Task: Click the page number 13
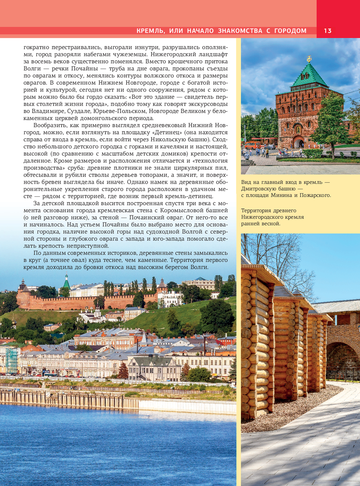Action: [327, 31]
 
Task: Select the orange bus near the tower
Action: [253, 145]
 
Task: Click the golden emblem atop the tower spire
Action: [309, 58]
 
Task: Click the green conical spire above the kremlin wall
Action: [67, 282]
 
